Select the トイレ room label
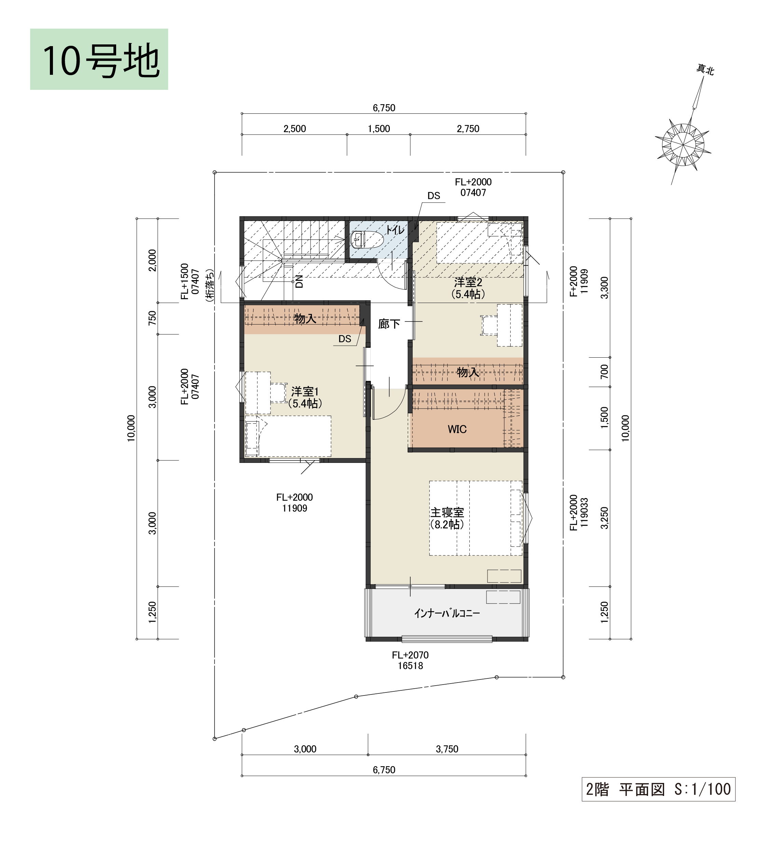coord(395,230)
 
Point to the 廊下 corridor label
coord(389,325)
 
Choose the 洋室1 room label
coord(305,391)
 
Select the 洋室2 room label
coord(468,282)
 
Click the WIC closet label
coord(457,429)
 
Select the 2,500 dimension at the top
coord(294,129)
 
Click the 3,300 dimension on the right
coord(605,288)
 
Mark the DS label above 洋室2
coord(434,196)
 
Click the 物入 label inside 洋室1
coord(305,319)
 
